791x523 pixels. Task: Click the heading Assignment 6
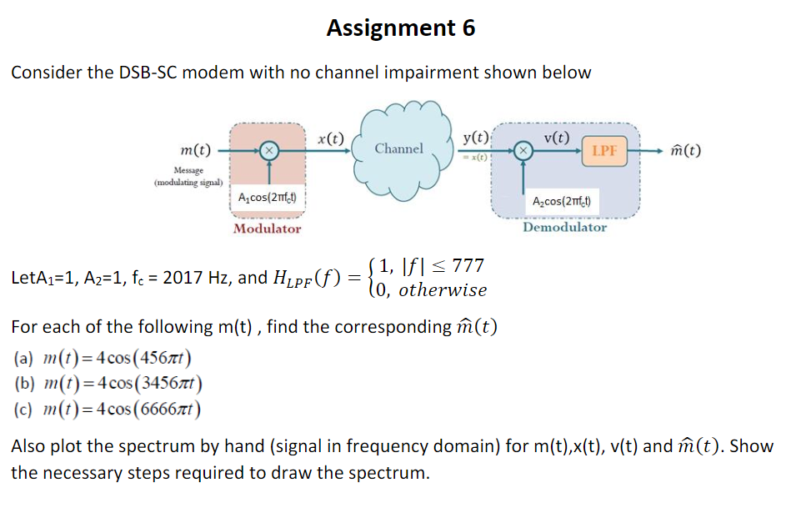[401, 28]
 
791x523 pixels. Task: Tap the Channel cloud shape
[399, 148]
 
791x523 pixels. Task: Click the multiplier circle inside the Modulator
[268, 151]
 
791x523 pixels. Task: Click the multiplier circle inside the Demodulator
[523, 151]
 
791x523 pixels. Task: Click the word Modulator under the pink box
[267, 229]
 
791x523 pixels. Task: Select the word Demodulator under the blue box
[564, 227]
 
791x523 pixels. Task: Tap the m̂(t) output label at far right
[682, 151]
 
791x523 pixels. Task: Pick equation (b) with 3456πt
[108, 385]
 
